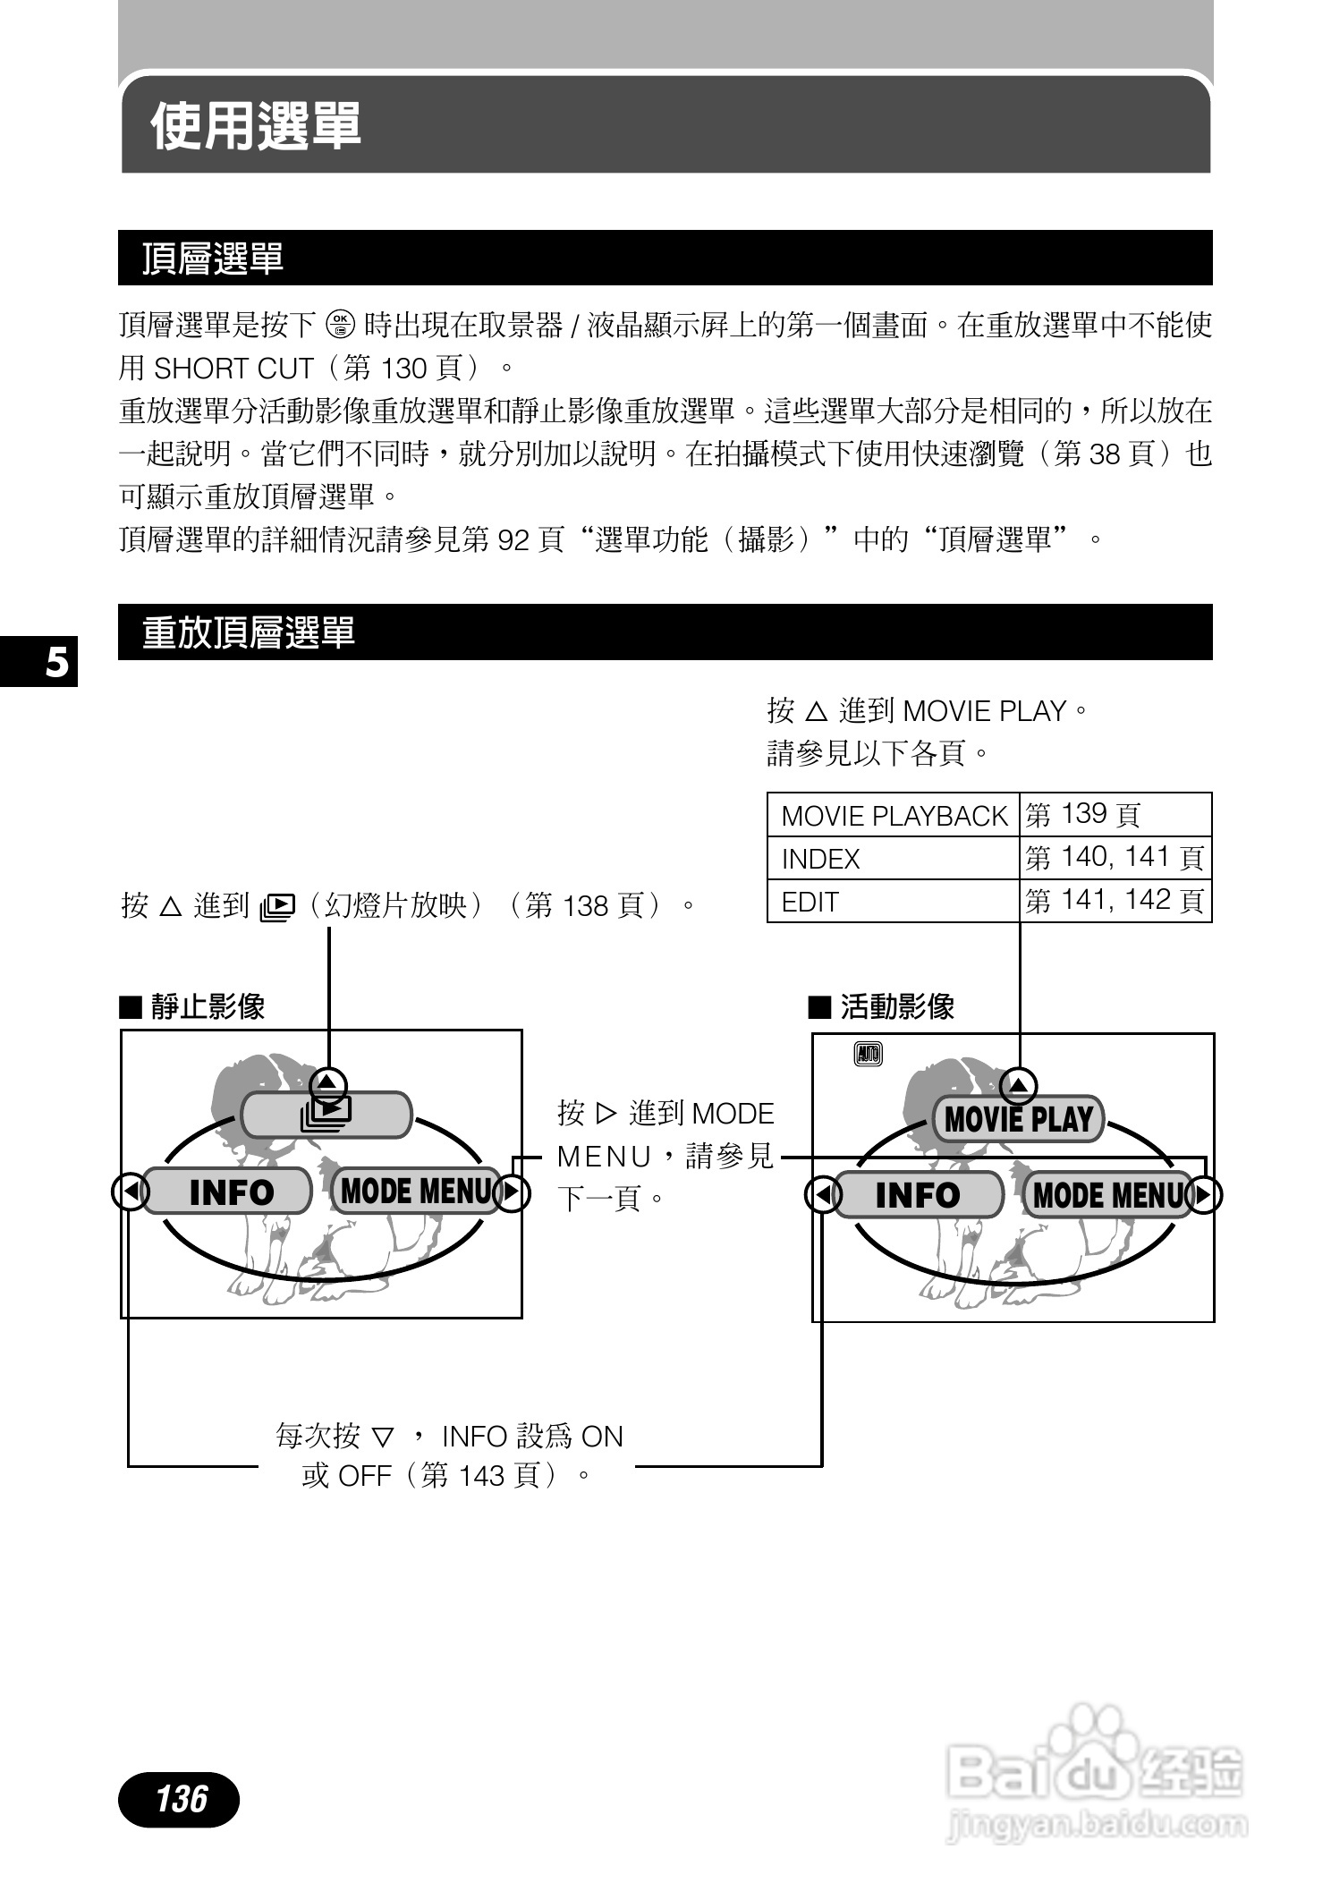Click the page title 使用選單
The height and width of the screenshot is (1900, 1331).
pos(256,125)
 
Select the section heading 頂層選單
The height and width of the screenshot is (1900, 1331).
pos(213,259)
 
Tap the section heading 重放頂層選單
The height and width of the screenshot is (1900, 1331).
pos(249,632)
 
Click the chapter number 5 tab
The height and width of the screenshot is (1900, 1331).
pos(55,663)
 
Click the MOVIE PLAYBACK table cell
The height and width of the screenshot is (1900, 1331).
pos(894,815)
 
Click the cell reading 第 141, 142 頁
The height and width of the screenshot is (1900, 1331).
pos(1115,901)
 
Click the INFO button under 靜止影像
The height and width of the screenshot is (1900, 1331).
pos(229,1192)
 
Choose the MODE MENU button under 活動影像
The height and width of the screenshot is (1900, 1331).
pos(1107,1195)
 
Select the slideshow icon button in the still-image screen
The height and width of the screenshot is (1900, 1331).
pos(326,1115)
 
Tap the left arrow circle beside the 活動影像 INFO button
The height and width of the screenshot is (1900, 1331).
pos(823,1195)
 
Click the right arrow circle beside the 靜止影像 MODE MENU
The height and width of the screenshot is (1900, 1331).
pos(512,1192)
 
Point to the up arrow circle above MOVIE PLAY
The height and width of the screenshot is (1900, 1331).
pos(1018,1086)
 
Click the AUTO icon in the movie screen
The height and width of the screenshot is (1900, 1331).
pos(868,1054)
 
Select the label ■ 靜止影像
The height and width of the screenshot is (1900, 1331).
pos(192,1007)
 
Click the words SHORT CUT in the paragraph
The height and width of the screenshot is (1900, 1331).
pos(233,369)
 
